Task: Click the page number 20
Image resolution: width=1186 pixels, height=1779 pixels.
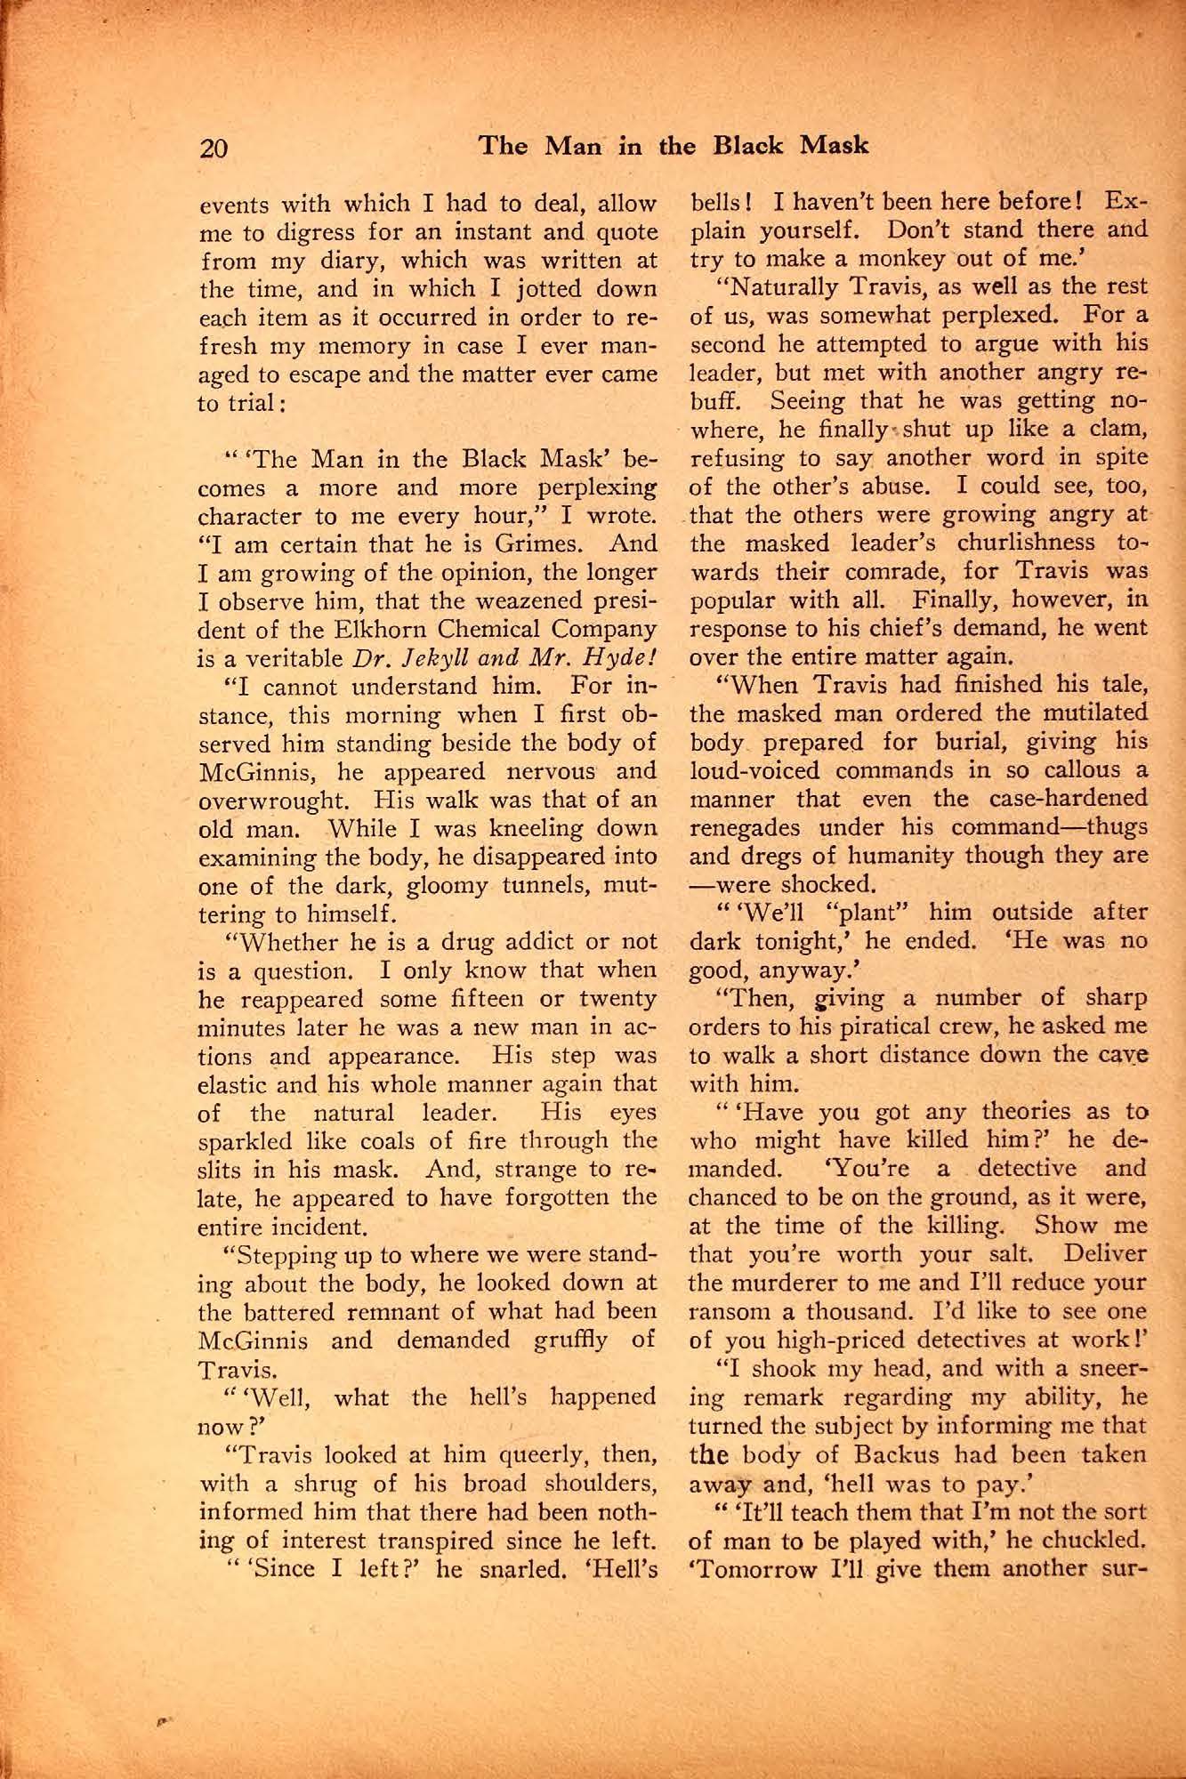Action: click(x=214, y=146)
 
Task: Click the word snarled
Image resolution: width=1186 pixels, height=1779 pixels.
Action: click(x=524, y=1569)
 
